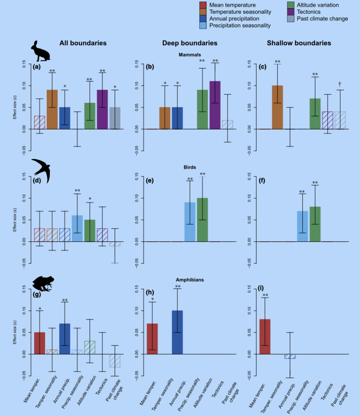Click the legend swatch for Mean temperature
(x=203, y=5)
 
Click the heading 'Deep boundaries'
(x=190, y=43)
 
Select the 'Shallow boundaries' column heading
(x=299, y=43)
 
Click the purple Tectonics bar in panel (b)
(x=215, y=105)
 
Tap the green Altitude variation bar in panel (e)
(x=202, y=220)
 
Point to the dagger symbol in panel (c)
(x=340, y=84)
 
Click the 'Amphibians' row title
(x=190, y=280)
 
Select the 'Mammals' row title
(x=190, y=54)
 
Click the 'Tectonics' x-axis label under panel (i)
(x=326, y=392)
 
